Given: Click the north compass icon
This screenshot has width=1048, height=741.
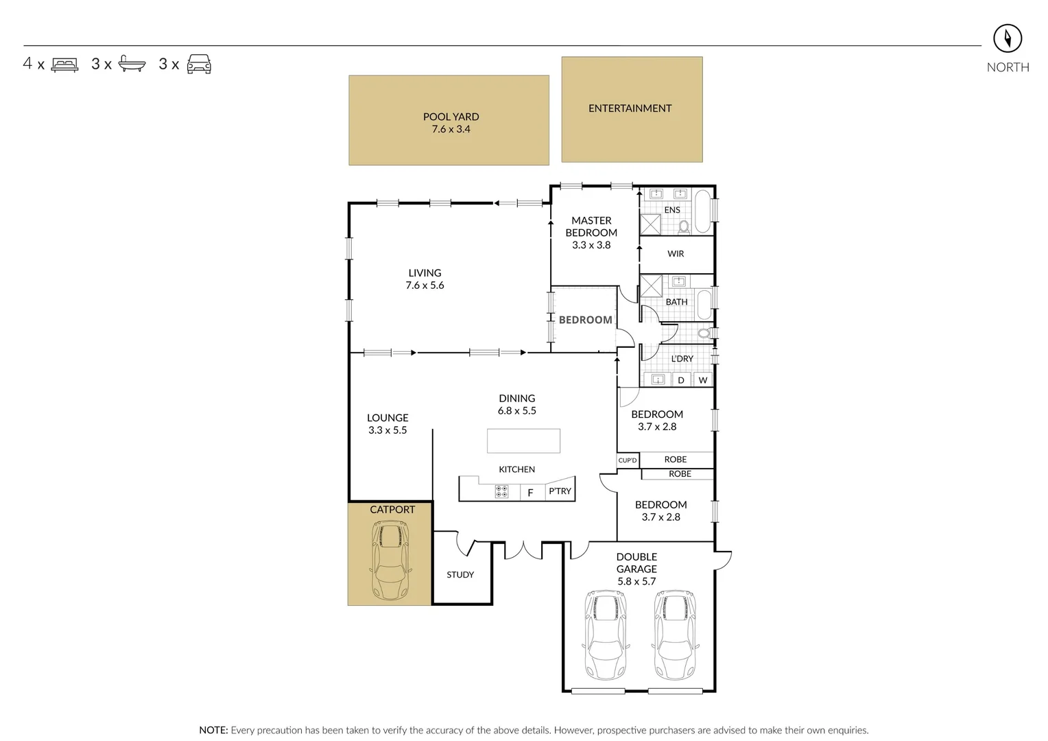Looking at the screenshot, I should coord(1008,38).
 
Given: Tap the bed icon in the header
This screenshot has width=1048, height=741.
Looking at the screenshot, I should coord(65,64).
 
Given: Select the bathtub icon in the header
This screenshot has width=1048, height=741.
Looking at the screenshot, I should coord(132,64).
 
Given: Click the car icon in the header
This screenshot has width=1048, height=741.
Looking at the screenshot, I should coord(199,64).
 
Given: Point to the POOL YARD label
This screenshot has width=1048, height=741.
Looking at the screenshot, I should coord(451,117).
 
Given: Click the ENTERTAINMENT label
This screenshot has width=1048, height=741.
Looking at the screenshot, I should coord(630,108).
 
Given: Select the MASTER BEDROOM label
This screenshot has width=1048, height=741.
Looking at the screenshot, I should coord(591,226).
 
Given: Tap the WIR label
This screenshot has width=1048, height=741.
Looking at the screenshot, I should coord(676,254).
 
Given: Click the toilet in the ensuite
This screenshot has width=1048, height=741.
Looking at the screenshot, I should coord(683,226).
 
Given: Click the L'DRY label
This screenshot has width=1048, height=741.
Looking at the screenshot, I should coord(682,359).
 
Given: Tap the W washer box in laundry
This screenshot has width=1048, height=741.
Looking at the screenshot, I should coord(702,380).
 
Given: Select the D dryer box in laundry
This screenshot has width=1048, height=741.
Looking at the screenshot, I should coord(681,380).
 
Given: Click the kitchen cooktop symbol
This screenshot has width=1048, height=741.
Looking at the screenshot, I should coord(502,491).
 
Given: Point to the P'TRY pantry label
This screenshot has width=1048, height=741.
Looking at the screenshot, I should coord(560,491).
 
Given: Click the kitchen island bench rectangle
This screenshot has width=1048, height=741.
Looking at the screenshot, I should coord(523,440).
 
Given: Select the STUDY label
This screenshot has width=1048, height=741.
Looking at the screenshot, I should coord(460,575).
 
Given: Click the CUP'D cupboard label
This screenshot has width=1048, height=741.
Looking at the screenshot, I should coord(628,460).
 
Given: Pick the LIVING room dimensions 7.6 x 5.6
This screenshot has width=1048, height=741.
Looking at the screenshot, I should coord(425,285).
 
